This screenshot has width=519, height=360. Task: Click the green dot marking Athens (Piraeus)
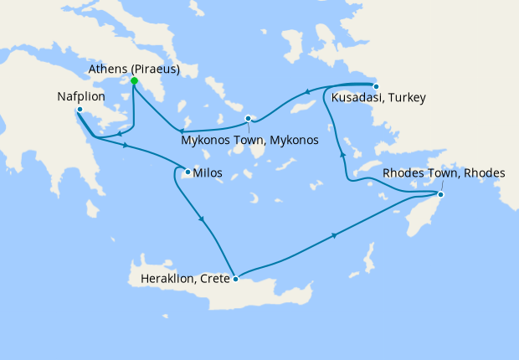pos(134,81)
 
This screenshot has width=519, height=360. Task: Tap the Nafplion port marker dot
pos(79,110)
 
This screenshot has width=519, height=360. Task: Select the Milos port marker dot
pos(187,173)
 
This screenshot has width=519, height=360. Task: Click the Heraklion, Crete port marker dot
pos(236,280)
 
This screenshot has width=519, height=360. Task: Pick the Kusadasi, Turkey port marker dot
pos(376,86)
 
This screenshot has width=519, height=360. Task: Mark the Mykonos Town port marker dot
pos(249,118)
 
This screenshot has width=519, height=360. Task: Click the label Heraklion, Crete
pos(179,279)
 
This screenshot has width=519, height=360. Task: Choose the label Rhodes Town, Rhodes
pos(444,173)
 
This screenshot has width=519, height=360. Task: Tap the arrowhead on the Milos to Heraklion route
pos(203,221)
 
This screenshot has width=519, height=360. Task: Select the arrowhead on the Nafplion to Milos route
pos(126,146)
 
